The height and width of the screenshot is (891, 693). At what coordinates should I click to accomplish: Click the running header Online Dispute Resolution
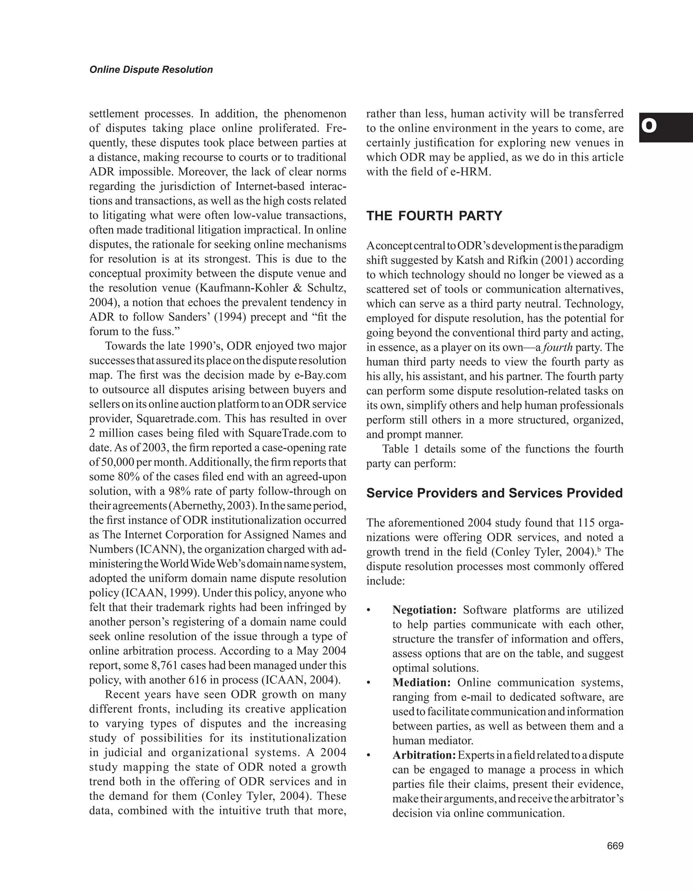(151, 70)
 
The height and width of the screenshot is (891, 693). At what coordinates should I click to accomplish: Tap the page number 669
(615, 846)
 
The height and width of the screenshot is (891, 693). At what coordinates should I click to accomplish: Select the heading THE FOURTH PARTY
(434, 216)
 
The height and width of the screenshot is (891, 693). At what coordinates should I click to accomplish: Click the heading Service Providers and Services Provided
(494, 493)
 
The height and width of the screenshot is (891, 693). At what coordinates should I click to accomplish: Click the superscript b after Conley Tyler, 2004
(599, 550)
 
